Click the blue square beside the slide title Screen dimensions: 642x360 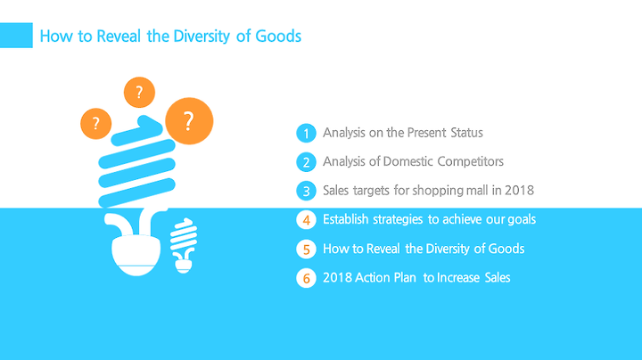(x=16, y=35)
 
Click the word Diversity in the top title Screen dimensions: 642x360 (x=202, y=37)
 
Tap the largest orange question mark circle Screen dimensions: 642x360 (x=189, y=121)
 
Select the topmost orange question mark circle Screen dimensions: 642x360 (x=139, y=92)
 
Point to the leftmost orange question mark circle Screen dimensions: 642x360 (x=95, y=124)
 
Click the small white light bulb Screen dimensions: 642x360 (x=184, y=245)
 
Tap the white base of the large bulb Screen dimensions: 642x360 (x=136, y=255)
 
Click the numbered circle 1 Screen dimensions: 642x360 (x=306, y=133)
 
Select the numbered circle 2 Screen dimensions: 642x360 (x=306, y=162)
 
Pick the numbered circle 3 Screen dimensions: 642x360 (x=306, y=191)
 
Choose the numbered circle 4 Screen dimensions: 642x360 (x=306, y=220)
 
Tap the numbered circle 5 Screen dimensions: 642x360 (x=306, y=250)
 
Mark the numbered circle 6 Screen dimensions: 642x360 (x=306, y=278)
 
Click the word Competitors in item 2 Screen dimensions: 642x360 (x=471, y=161)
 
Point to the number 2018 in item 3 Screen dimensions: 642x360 (x=519, y=190)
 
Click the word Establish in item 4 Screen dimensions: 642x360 (x=346, y=219)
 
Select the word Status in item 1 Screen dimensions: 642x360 (x=466, y=133)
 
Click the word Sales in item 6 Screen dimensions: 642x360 (x=498, y=277)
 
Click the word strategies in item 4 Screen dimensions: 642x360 (x=398, y=220)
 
